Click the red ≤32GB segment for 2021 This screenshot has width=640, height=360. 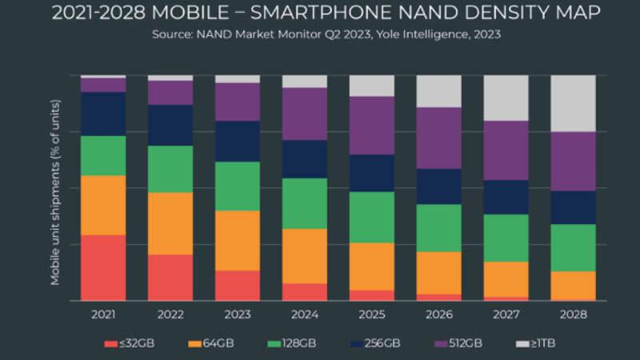click(x=103, y=267)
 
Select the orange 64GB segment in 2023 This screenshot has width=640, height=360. click(x=238, y=240)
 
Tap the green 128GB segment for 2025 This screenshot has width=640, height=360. click(x=372, y=217)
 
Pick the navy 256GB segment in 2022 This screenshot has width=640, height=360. click(x=170, y=125)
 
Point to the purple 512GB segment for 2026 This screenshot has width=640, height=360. click(x=439, y=138)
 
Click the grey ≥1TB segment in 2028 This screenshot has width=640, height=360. click(x=574, y=103)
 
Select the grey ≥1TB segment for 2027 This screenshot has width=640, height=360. click(x=506, y=98)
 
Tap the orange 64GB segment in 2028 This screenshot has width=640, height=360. click(x=574, y=285)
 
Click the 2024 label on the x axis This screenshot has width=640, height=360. click(x=305, y=314)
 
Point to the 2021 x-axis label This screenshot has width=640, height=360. click(x=103, y=314)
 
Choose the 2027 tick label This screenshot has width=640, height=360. click(x=506, y=314)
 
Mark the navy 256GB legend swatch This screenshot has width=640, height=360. click(x=354, y=344)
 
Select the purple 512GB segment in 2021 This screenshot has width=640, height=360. click(x=103, y=85)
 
